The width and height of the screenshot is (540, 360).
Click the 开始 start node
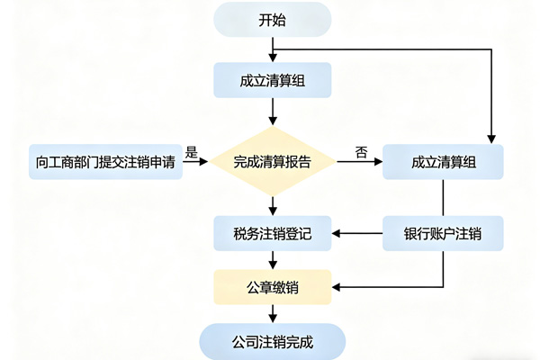(272, 20)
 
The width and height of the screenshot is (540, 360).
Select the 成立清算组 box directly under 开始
(272, 80)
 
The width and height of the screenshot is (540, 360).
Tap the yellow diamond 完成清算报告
(272, 162)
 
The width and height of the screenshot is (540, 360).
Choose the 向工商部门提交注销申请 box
(104, 162)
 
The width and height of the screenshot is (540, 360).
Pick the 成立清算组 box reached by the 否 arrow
(443, 162)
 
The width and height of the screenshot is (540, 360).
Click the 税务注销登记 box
(272, 233)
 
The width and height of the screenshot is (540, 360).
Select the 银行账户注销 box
(443, 233)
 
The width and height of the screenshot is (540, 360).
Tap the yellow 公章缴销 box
(272, 287)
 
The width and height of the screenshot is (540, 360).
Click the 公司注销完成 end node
(272, 341)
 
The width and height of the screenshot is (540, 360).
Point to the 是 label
(192, 152)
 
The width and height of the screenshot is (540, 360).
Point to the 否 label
(361, 152)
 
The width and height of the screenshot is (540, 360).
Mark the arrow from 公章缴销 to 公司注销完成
(272, 313)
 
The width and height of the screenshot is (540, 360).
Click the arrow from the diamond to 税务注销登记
(272, 204)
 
